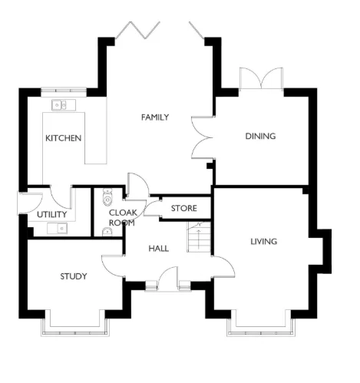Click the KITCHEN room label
[64, 138]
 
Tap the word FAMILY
[154, 117]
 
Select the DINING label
[259, 137]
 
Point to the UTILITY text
[51, 214]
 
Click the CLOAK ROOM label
[121, 217]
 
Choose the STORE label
[183, 208]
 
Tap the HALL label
[158, 248]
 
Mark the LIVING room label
[263, 242]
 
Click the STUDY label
[74, 276]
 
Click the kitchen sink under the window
[59, 104]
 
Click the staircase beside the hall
[199, 236]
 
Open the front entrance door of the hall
[168, 278]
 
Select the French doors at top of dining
[260, 81]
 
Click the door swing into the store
[153, 206]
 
